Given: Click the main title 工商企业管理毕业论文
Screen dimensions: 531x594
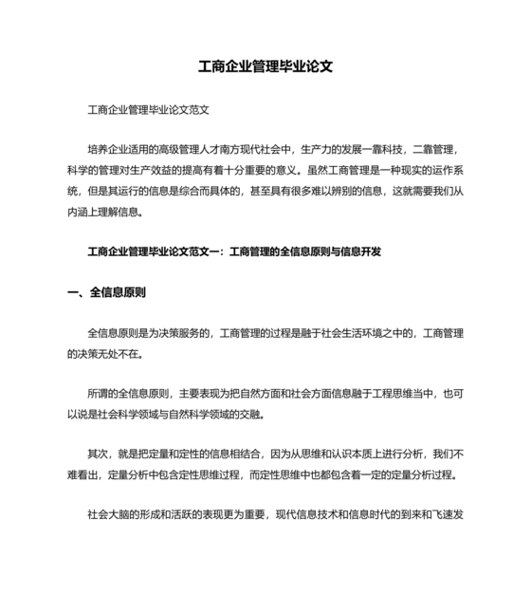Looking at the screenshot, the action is [x=265, y=68].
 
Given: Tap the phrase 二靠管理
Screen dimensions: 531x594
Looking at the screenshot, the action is [x=435, y=149].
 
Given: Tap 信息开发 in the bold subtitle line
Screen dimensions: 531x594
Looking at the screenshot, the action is [x=359, y=251].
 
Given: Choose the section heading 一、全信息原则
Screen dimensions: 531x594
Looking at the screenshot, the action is [x=107, y=292].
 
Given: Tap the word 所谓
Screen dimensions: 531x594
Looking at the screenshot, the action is [x=98, y=394].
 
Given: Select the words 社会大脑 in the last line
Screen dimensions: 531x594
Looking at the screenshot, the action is [x=108, y=516].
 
